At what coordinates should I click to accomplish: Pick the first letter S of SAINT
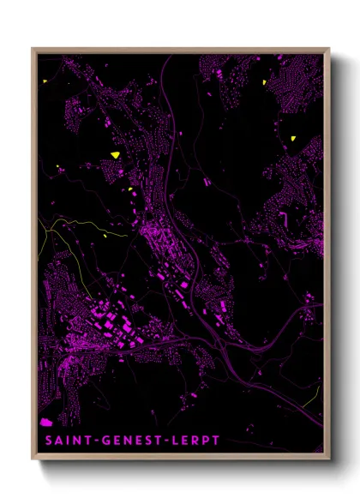(x=42, y=440)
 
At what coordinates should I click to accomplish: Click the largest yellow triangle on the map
(x=114, y=154)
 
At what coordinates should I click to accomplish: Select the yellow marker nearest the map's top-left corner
(x=45, y=81)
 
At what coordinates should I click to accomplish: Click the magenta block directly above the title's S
(x=45, y=423)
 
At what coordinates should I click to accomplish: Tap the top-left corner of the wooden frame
(x=33, y=49)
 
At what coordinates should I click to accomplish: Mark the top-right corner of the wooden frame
(x=328, y=49)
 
